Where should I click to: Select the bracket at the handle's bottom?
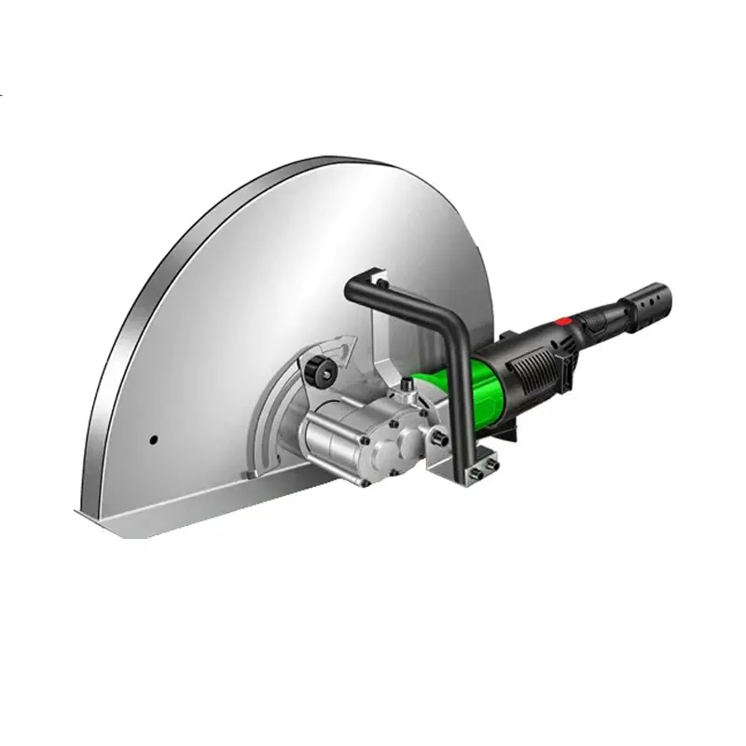point(479,467)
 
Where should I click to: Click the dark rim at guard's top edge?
point(308,167)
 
